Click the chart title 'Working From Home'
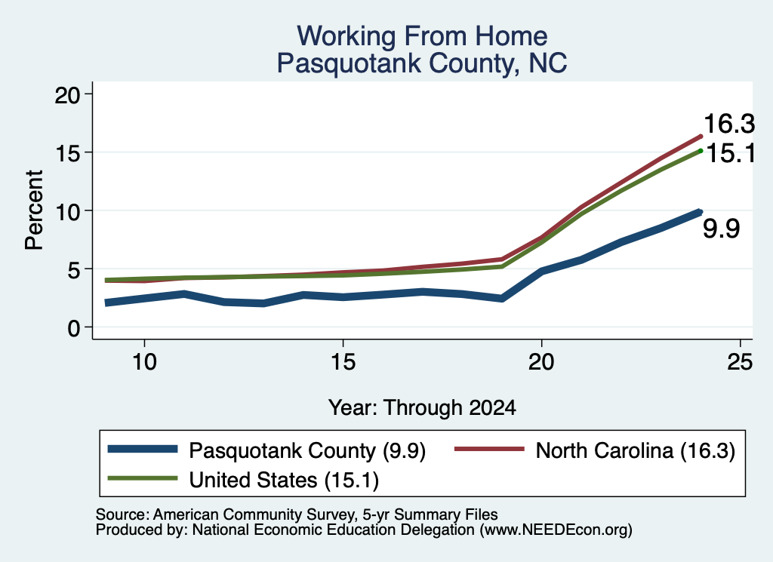[422, 36]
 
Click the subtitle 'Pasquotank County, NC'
[422, 63]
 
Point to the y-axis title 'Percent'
[34, 210]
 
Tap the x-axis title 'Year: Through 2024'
[422, 408]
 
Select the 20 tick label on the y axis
[67, 95]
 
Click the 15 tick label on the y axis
[67, 153]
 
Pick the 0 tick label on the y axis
[73, 328]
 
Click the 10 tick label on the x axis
[144, 362]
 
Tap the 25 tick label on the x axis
[740, 362]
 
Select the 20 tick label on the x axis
[541, 362]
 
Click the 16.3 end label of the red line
[729, 123]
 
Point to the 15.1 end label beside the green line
[731, 153]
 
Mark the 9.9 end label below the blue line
[721, 229]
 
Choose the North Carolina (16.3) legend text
[636, 450]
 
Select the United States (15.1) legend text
[284, 480]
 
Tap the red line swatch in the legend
[489, 449]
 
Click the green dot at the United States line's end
[700, 151]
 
